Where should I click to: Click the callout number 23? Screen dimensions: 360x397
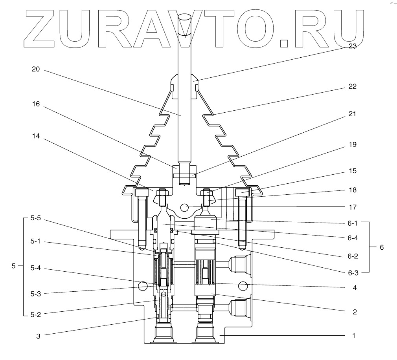pyautogui.click(x=352, y=46)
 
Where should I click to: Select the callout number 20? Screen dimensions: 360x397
pyautogui.click(x=36, y=69)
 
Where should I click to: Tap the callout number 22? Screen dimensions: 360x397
pyautogui.click(x=352, y=86)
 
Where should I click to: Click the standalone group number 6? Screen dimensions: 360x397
pyautogui.click(x=381, y=247)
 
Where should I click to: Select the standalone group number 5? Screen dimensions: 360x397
pyautogui.click(x=13, y=266)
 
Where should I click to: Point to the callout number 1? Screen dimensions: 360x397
pyautogui.click(x=354, y=336)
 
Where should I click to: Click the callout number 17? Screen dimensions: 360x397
pyautogui.click(x=352, y=207)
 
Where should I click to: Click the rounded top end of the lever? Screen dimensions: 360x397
pyautogui.click(x=184, y=18)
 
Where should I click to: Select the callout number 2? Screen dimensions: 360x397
pyautogui.click(x=354, y=312)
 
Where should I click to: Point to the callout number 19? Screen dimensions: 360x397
pyautogui.click(x=352, y=144)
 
